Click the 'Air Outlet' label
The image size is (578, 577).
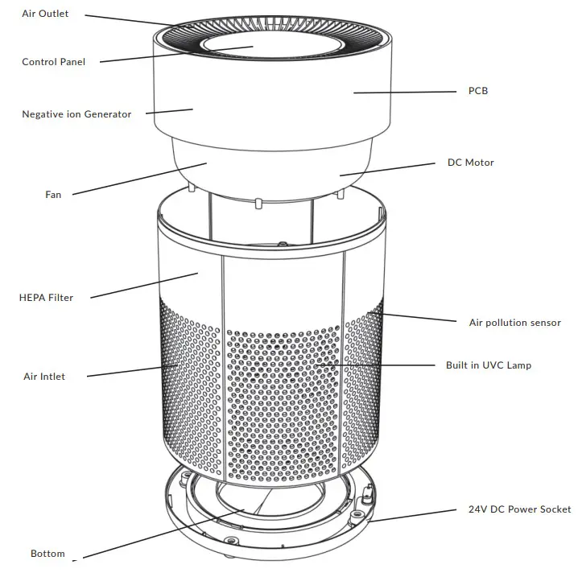pyautogui.click(x=46, y=14)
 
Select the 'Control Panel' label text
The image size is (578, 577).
pyautogui.click(x=53, y=62)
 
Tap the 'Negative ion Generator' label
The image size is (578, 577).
pyautogui.click(x=76, y=114)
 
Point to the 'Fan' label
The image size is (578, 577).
pyautogui.click(x=53, y=194)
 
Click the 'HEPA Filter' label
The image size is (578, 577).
pyautogui.click(x=46, y=298)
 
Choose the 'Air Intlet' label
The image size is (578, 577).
pyautogui.click(x=44, y=377)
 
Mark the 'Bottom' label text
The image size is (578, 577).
pyautogui.click(x=47, y=554)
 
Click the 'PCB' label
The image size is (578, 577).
pyautogui.click(x=478, y=91)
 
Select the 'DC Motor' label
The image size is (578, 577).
pyautogui.click(x=471, y=163)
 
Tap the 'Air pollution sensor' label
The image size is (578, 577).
pyautogui.click(x=515, y=323)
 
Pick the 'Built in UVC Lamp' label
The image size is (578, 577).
pyautogui.click(x=489, y=365)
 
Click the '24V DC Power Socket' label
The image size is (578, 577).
pyautogui.click(x=519, y=509)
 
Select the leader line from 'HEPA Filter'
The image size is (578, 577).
pyautogui.click(x=145, y=286)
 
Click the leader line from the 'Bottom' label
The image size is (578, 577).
pyautogui.click(x=161, y=533)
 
